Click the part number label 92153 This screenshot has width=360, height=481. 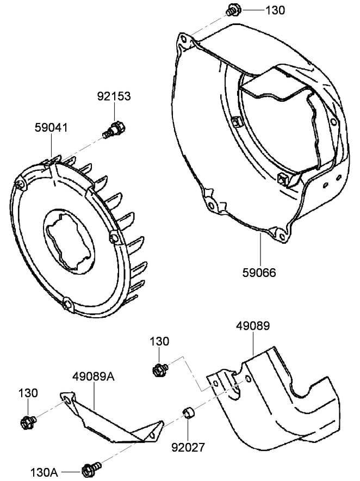[114, 97]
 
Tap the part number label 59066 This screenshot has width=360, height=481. [259, 272]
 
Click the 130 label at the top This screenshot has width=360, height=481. [275, 10]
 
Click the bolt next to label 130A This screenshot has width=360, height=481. [89, 468]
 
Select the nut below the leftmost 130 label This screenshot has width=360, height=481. [27, 421]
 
